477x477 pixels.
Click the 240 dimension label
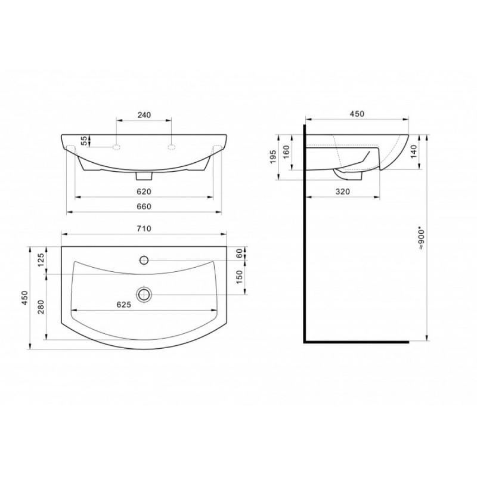click(x=144, y=115)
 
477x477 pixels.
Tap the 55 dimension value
click(x=84, y=140)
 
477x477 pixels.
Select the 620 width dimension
click(x=144, y=191)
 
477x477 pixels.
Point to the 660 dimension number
click(x=144, y=206)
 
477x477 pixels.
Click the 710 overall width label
click(x=144, y=228)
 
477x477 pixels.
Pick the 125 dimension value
click(x=41, y=260)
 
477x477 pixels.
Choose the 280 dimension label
click(x=41, y=306)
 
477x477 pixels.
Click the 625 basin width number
click(x=124, y=305)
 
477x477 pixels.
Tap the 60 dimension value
click(x=240, y=253)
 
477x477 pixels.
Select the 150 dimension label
click(x=240, y=277)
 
